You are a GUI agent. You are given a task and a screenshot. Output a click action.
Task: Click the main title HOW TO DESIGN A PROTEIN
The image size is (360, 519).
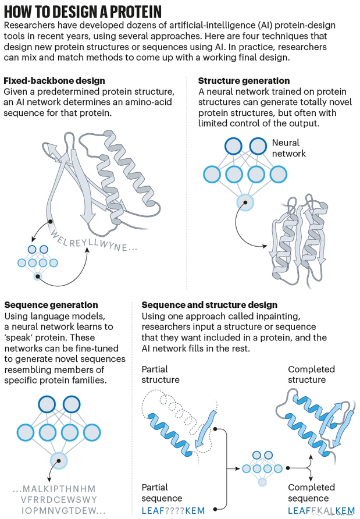point(83,11)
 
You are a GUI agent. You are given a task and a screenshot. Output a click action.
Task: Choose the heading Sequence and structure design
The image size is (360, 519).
point(209,305)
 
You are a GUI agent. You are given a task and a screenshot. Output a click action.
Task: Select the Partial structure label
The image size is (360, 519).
point(161,375)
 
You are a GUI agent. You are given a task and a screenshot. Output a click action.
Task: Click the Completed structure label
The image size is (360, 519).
point(311,375)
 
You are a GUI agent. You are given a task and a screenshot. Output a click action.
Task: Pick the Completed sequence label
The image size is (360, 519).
point(311,493)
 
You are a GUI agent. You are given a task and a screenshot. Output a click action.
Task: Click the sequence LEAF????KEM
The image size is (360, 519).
point(173,511)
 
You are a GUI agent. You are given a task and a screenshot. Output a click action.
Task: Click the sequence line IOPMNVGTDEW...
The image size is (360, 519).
point(60,511)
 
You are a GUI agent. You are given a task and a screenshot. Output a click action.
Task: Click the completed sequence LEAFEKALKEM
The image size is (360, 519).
point(321,511)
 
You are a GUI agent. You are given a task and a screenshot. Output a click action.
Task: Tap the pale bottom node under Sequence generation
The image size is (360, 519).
point(58,460)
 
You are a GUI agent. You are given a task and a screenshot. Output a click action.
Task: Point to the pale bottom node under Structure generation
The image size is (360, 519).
point(245,202)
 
